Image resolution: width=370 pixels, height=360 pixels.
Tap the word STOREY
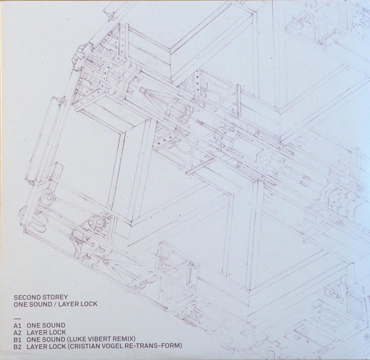[x=56, y=297]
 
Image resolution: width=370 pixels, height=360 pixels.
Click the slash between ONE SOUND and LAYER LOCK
[x=55, y=304]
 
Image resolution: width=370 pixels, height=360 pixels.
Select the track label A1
[x=17, y=325]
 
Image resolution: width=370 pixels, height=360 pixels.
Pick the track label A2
[x=17, y=333]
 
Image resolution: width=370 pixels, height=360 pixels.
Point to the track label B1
[x=17, y=340]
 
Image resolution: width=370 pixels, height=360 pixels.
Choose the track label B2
[x=17, y=346]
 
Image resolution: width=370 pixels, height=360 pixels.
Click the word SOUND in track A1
[x=54, y=325]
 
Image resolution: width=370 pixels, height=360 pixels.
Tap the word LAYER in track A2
[x=37, y=333]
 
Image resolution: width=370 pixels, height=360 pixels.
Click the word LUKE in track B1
[x=76, y=340]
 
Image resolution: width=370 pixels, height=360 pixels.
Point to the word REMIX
[x=124, y=340]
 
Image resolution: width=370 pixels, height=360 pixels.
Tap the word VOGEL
[x=114, y=346]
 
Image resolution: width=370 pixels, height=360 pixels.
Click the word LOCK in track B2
[x=57, y=346]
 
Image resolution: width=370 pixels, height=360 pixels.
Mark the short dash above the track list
[x=17, y=317]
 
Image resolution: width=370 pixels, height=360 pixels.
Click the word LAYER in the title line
[x=69, y=304]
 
